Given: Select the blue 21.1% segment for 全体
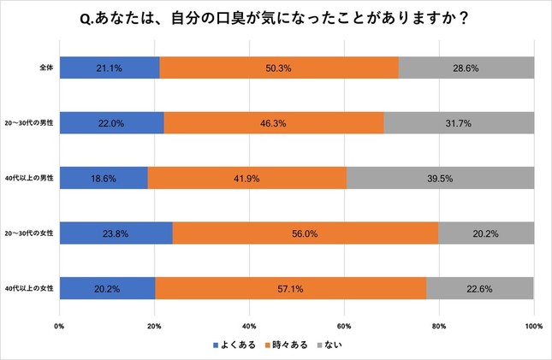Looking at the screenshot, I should (110, 68).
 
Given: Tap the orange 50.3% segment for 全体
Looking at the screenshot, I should (279, 68).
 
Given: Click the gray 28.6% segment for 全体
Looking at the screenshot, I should (466, 68).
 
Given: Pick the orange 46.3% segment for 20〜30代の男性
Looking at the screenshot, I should (274, 123).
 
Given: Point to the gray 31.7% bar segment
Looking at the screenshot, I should (459, 123).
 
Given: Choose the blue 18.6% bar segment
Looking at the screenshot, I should (104, 178).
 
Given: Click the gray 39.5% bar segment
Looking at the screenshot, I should (440, 178).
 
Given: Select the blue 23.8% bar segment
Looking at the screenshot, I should (116, 233).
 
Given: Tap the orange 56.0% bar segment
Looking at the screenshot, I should (306, 233).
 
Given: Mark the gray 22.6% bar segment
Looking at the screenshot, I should (479, 288).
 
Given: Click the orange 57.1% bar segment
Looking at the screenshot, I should (291, 288).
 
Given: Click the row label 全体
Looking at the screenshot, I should (42, 68).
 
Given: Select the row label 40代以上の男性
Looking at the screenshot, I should (30, 178).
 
